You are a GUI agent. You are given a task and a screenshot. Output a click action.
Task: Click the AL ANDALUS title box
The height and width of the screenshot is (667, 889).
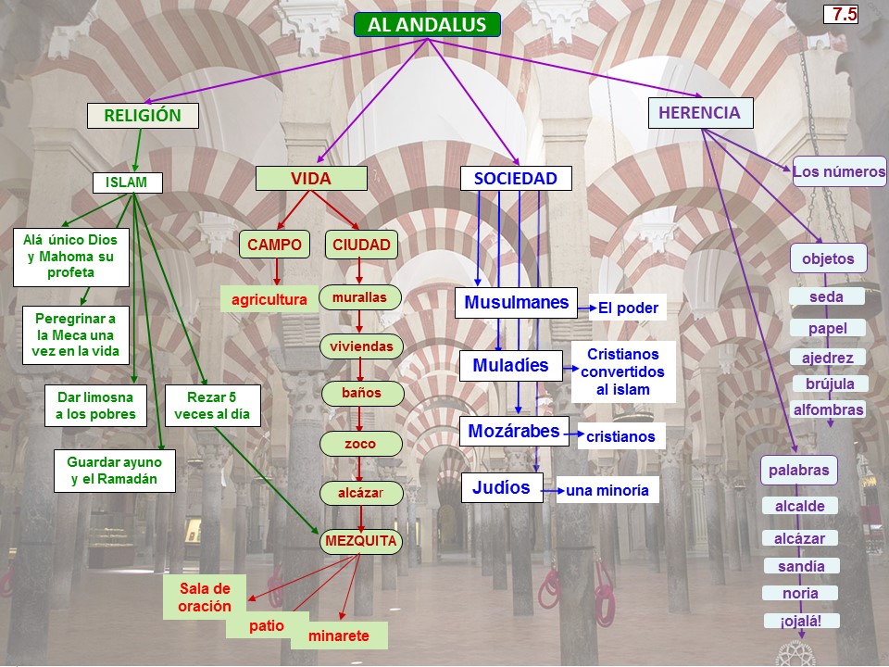point(427,25)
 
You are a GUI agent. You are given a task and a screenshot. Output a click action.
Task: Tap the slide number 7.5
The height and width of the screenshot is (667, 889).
point(844,14)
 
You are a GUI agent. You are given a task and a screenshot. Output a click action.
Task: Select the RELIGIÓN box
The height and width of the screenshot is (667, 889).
point(142,116)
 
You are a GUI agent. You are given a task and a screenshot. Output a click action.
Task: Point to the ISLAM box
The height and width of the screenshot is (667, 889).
point(127,182)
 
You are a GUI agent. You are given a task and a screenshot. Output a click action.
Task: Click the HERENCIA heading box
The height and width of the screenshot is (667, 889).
point(699,113)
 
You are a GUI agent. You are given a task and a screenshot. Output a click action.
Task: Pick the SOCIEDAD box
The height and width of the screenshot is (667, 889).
point(516,179)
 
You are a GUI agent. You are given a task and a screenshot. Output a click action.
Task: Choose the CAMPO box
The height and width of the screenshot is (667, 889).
point(274,245)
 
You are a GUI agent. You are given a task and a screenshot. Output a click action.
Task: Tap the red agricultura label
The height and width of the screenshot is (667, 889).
point(269,300)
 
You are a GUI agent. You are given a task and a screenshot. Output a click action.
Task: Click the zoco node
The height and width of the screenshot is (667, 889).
point(360,444)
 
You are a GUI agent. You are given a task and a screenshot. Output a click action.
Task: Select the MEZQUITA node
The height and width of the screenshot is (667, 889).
point(360,540)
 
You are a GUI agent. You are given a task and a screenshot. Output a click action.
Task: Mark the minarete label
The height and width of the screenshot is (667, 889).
point(339,636)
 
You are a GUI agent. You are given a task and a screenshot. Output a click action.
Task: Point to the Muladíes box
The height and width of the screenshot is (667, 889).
point(510,366)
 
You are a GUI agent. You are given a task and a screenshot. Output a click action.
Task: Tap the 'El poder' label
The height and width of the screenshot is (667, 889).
point(628,308)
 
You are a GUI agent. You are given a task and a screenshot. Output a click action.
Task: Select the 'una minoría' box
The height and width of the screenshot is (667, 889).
point(607,490)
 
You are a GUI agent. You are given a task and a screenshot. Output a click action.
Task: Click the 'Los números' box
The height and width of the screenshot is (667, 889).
point(839,171)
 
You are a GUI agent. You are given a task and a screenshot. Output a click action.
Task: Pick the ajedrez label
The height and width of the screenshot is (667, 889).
point(827,358)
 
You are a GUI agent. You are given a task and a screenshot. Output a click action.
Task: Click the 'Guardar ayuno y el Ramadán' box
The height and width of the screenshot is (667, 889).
point(114,471)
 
